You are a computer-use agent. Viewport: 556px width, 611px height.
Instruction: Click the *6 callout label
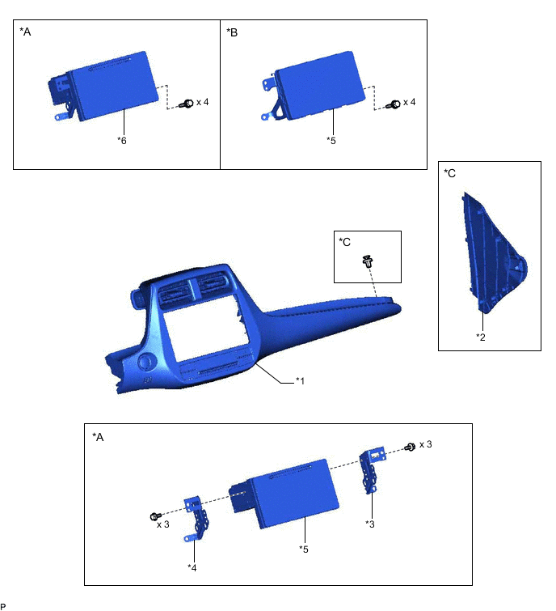[x=123, y=140]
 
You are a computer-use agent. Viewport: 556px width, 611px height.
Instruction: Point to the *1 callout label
[x=301, y=380]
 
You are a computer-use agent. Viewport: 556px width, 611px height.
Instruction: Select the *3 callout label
[x=371, y=524]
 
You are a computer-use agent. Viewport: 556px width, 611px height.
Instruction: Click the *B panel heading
[x=234, y=34]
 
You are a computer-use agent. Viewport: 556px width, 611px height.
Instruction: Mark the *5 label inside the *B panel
[x=331, y=140]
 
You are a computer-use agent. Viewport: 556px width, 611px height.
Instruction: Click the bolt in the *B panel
[x=395, y=104]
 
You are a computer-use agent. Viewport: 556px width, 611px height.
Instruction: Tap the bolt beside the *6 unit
[x=187, y=104]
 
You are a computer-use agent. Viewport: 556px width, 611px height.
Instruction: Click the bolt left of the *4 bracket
[x=154, y=516]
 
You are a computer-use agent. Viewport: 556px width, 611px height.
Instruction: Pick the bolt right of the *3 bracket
[x=410, y=447]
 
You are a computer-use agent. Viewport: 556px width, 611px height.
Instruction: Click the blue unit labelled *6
[x=107, y=86]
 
